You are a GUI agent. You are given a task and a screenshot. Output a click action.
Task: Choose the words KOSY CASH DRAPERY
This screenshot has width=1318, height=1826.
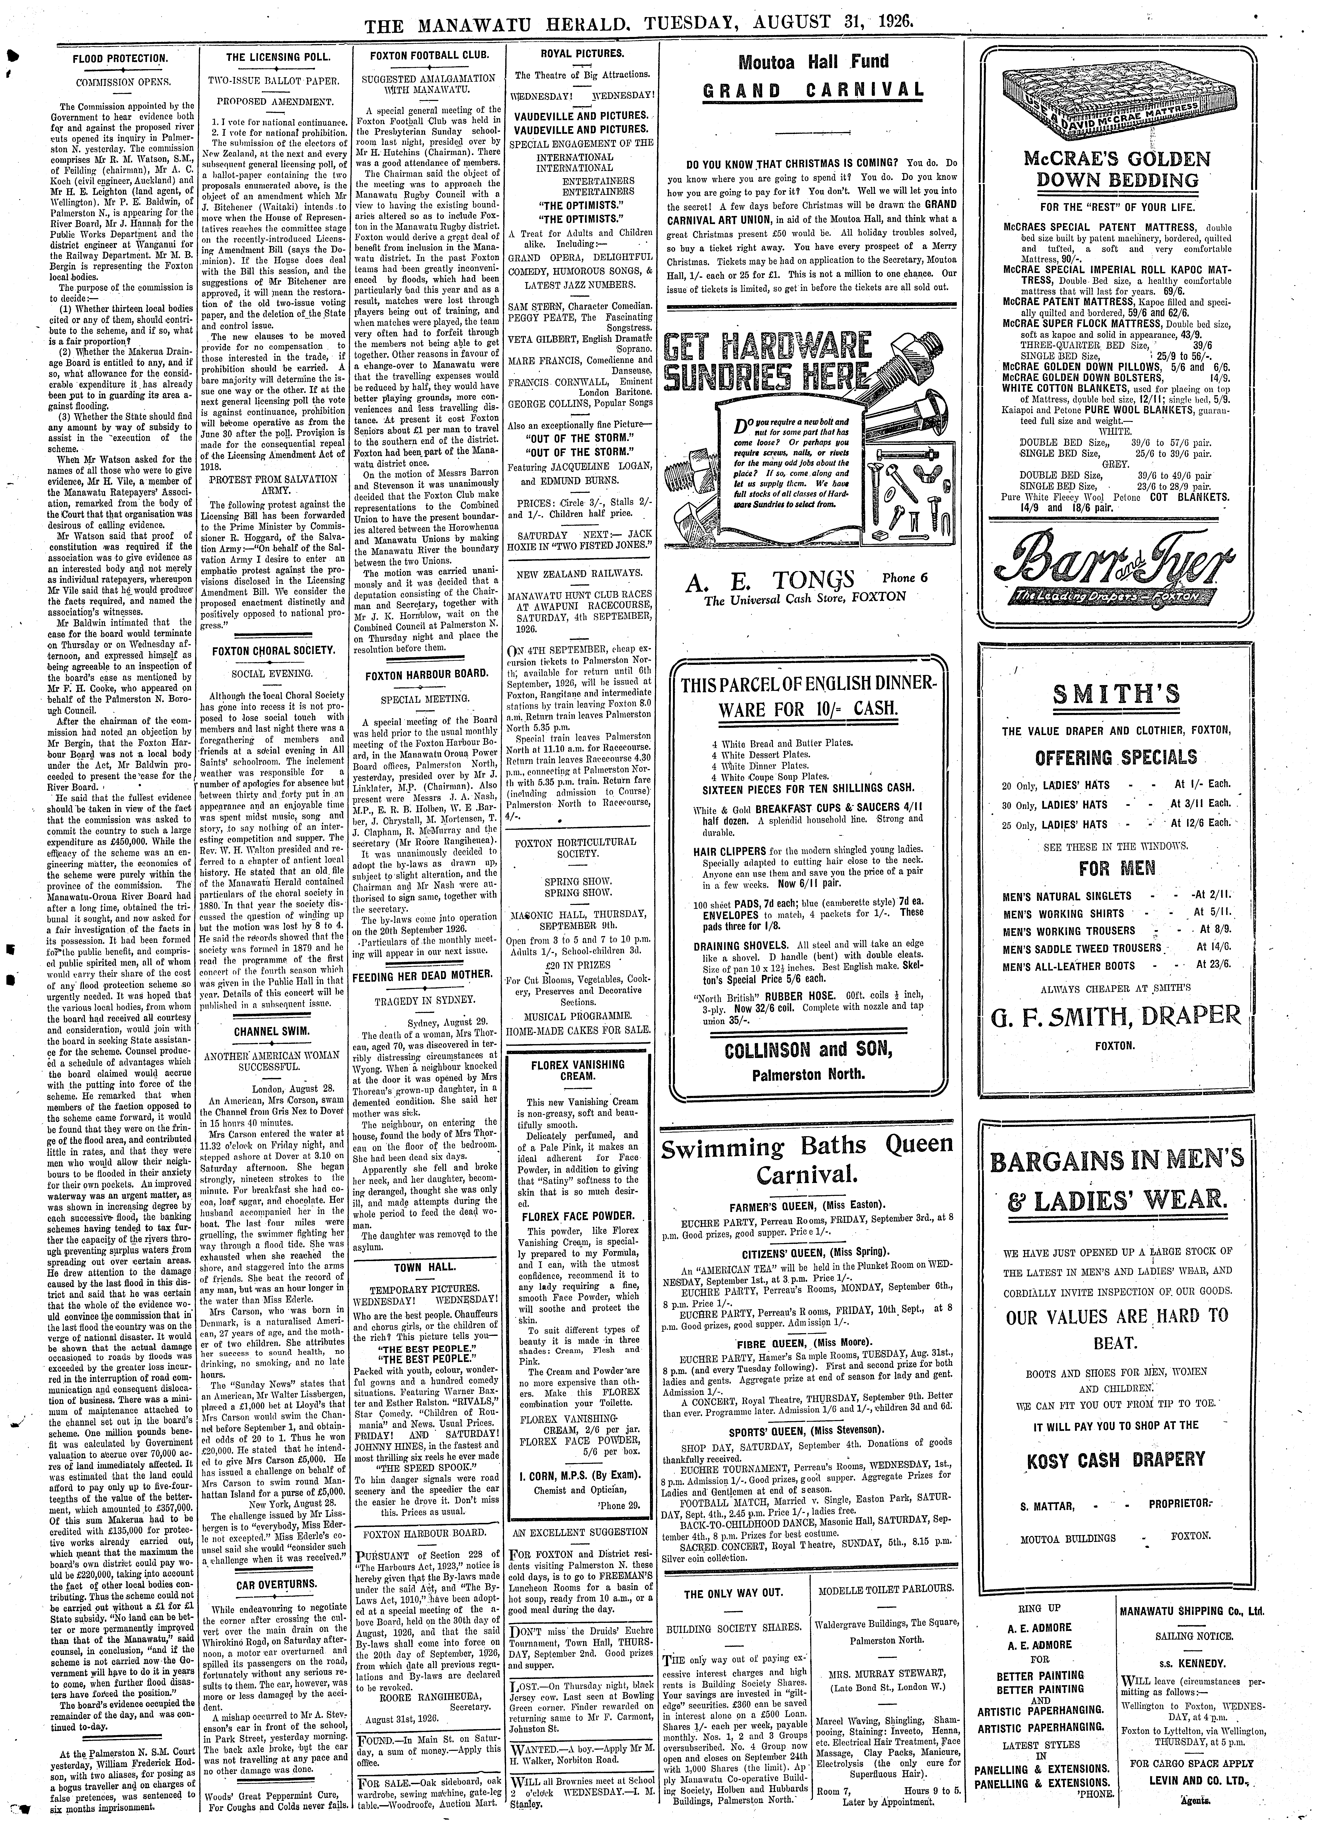[1115, 1459]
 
